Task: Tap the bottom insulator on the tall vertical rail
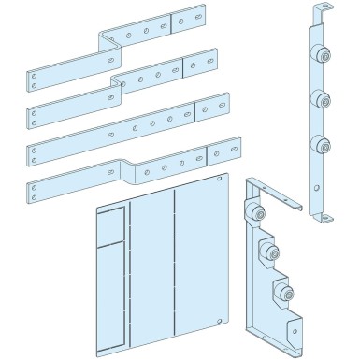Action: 321,145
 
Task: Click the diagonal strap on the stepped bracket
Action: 281,199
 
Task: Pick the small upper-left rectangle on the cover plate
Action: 111,224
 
